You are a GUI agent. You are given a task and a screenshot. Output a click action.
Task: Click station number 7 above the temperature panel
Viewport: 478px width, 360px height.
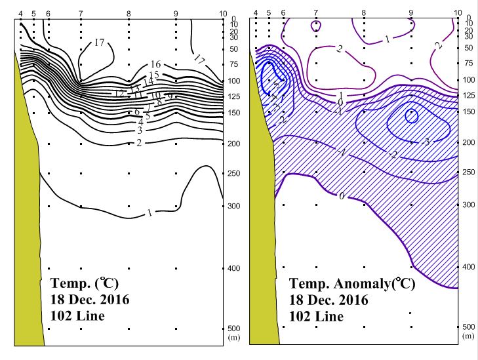click(81, 13)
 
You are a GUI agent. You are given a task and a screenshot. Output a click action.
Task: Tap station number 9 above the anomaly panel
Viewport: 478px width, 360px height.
click(410, 12)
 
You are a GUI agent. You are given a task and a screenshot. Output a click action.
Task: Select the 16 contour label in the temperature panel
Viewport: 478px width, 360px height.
click(155, 64)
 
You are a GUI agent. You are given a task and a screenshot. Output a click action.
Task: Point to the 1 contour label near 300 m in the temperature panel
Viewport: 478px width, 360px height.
click(151, 212)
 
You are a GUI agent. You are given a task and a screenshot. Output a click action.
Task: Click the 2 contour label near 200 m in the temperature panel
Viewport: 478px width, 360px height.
click(140, 143)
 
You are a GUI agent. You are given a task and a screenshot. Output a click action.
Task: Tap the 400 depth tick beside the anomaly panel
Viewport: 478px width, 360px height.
click(468, 267)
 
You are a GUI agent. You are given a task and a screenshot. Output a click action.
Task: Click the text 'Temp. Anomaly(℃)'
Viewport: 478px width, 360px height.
click(352, 285)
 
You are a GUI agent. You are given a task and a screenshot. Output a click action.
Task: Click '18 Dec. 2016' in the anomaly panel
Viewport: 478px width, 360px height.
click(329, 301)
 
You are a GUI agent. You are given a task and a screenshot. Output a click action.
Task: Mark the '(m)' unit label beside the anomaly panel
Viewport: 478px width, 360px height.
click(468, 336)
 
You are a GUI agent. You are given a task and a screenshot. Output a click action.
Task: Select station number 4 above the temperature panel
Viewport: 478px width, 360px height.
click(21, 13)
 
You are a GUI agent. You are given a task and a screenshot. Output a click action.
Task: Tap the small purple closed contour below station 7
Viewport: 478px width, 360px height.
click(317, 26)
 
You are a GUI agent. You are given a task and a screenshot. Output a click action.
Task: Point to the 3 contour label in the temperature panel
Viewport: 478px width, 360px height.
click(140, 130)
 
